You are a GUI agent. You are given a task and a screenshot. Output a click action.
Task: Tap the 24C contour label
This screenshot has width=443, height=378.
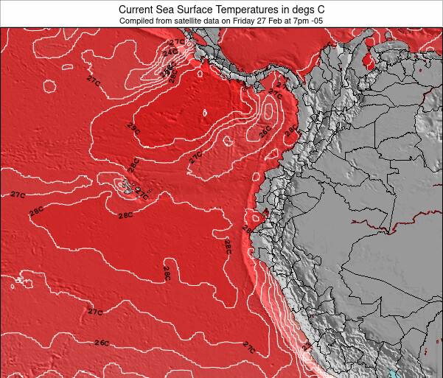[x=170, y=53]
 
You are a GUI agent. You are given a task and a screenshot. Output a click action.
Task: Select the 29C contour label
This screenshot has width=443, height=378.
[x=133, y=127]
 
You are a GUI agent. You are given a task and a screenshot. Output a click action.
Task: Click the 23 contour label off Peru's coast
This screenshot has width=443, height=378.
[x=307, y=346]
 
